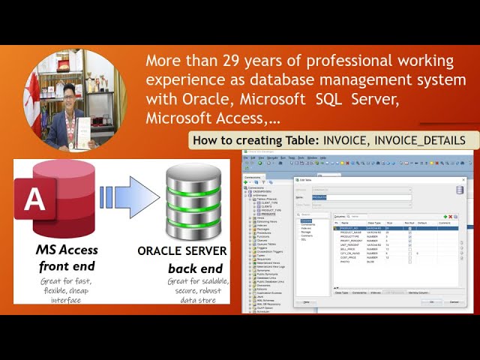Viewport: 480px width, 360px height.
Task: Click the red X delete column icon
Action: pyautogui.click(x=451, y=216)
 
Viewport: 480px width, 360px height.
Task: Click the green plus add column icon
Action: pyautogui.click(x=445, y=216)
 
